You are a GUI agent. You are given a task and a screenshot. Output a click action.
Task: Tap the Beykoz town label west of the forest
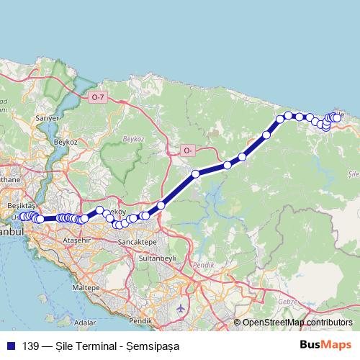tap(66, 142)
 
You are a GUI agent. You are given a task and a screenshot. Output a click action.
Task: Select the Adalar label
tap(85, 323)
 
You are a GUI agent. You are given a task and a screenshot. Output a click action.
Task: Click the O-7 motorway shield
tap(99, 96)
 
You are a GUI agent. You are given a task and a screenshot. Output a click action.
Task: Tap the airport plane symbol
tap(180, 309)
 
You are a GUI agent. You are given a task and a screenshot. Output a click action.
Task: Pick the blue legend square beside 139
tap(10, 346)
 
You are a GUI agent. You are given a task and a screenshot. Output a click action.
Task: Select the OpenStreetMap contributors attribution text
tap(297, 323)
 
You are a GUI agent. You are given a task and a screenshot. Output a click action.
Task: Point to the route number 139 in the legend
tap(29, 346)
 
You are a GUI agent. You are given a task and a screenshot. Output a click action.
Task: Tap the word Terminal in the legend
tap(92, 346)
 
